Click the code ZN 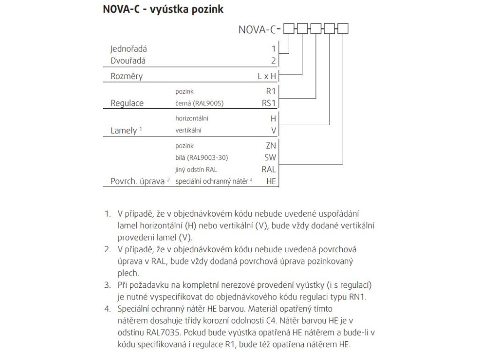point(271,146)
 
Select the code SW point(270,157)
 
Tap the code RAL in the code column point(269,169)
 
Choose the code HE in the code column point(271,181)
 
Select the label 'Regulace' point(127,103)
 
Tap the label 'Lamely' point(123,130)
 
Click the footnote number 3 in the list point(107,285)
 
